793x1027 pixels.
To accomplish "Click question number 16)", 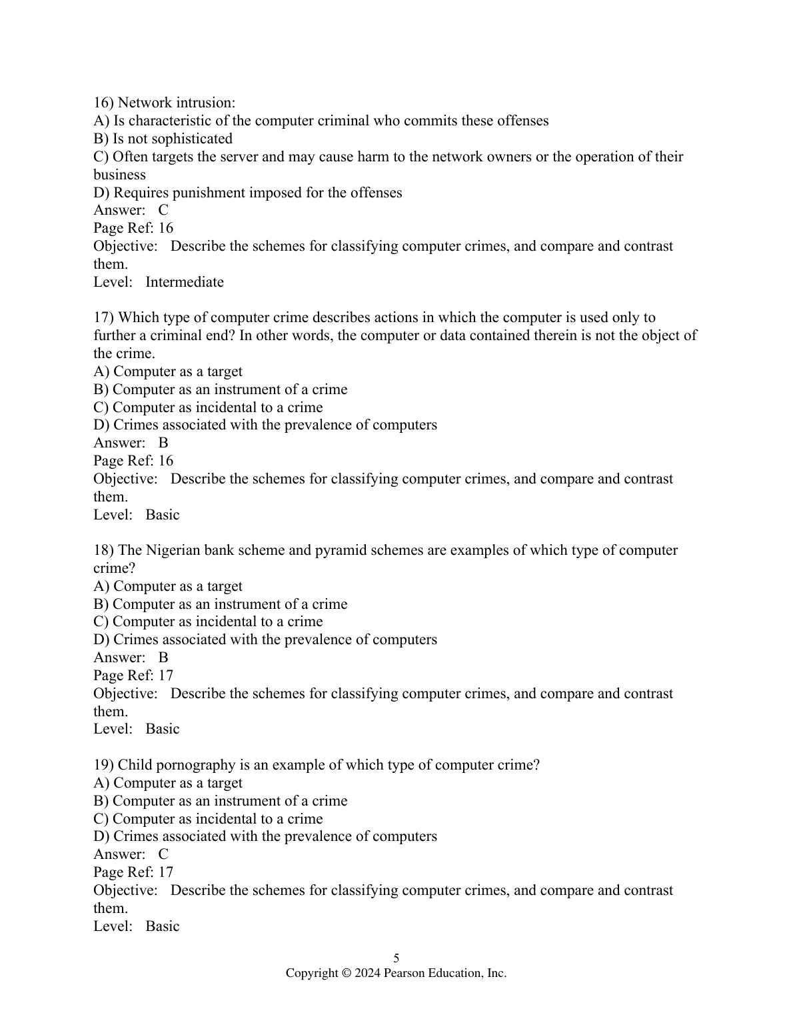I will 104,103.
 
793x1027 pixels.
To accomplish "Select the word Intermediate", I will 185,282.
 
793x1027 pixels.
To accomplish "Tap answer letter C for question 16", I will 163,210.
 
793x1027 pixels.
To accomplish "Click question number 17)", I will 104,317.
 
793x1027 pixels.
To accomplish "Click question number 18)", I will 104,550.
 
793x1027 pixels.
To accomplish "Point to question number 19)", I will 104,765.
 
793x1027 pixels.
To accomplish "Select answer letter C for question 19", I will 163,854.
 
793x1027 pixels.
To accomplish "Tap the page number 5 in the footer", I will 396,958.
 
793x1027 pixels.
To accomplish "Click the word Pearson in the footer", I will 405,974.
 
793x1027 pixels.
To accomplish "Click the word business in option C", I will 119,175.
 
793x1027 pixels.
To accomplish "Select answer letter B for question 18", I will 163,658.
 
